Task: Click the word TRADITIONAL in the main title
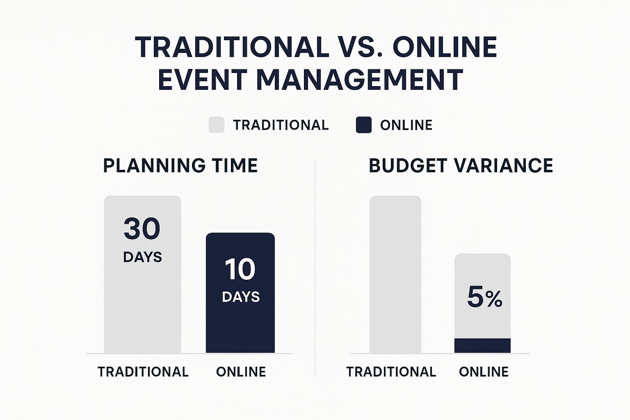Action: (232, 47)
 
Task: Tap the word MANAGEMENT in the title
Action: (360, 80)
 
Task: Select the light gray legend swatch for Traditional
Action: (217, 125)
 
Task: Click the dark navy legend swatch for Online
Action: (364, 125)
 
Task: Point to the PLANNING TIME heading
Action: (180, 166)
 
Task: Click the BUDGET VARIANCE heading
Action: (461, 166)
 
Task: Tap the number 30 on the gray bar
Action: (142, 229)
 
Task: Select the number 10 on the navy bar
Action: (240, 269)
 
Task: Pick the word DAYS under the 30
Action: (142, 257)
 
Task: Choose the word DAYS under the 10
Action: (241, 297)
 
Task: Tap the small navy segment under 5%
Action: (482, 346)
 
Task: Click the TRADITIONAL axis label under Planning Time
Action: (143, 372)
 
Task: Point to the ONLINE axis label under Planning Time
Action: (241, 372)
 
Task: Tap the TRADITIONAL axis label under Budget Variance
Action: (391, 372)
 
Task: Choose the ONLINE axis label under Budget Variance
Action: (484, 372)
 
